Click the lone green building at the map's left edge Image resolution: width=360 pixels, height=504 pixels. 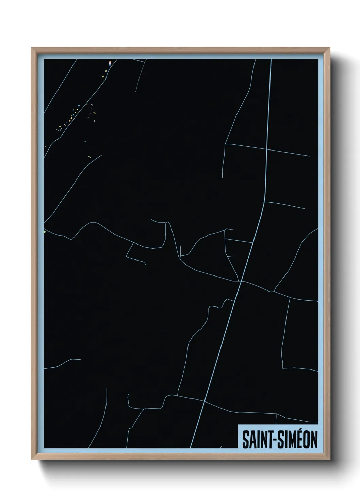[45, 232]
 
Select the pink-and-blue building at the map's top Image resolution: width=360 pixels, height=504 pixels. [110, 63]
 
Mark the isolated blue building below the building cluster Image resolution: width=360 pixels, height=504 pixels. [85, 141]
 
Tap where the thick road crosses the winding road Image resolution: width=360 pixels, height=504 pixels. [241, 281]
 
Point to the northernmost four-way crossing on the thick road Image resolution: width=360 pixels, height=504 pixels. [267, 149]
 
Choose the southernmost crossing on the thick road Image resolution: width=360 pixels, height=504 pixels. [203, 401]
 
